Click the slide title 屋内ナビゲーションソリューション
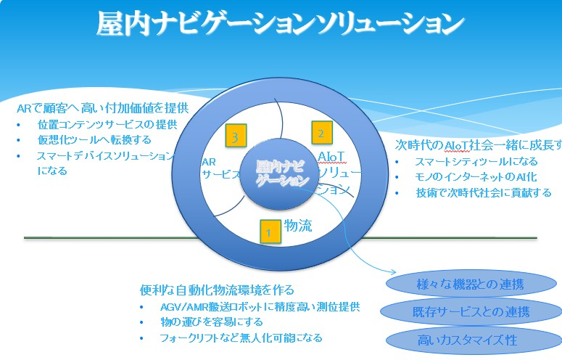[281, 24]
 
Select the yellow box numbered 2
[321, 133]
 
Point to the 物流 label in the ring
[297, 226]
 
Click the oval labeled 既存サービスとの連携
[471, 313]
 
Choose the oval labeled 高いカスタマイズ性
[471, 340]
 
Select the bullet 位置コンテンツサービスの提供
[107, 124]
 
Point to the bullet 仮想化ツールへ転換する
[94, 140]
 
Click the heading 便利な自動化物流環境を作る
[217, 290]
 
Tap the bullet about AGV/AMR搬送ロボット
[260, 307]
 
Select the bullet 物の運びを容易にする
[211, 322]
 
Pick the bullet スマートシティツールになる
[476, 161]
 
